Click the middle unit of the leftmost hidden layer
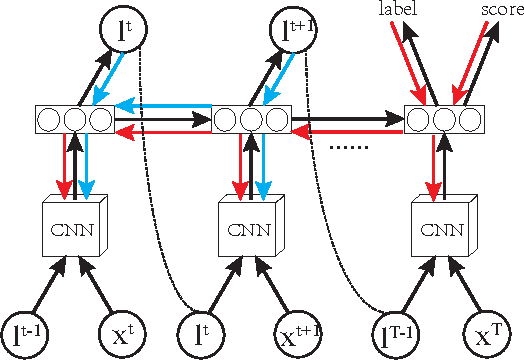click(x=74, y=120)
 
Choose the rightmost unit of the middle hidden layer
click(x=277, y=120)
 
